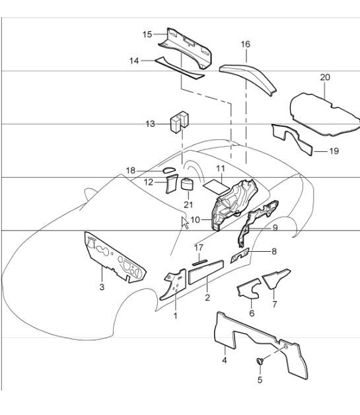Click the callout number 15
[x=147, y=34]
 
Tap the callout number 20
[x=325, y=77]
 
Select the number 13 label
[x=150, y=124]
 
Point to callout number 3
[x=102, y=287]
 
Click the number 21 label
[x=188, y=205]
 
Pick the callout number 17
[x=199, y=248]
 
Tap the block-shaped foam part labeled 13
[x=180, y=122]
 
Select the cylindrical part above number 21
[x=187, y=184]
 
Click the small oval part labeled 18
[x=168, y=170]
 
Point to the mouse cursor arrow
[x=185, y=223]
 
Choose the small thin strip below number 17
[x=200, y=262]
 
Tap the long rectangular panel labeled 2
[x=206, y=272]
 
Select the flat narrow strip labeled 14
[x=180, y=68]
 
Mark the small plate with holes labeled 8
[x=240, y=256]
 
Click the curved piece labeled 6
[x=248, y=288]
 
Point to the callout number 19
[x=334, y=151]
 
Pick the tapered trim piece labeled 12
[x=172, y=184]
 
